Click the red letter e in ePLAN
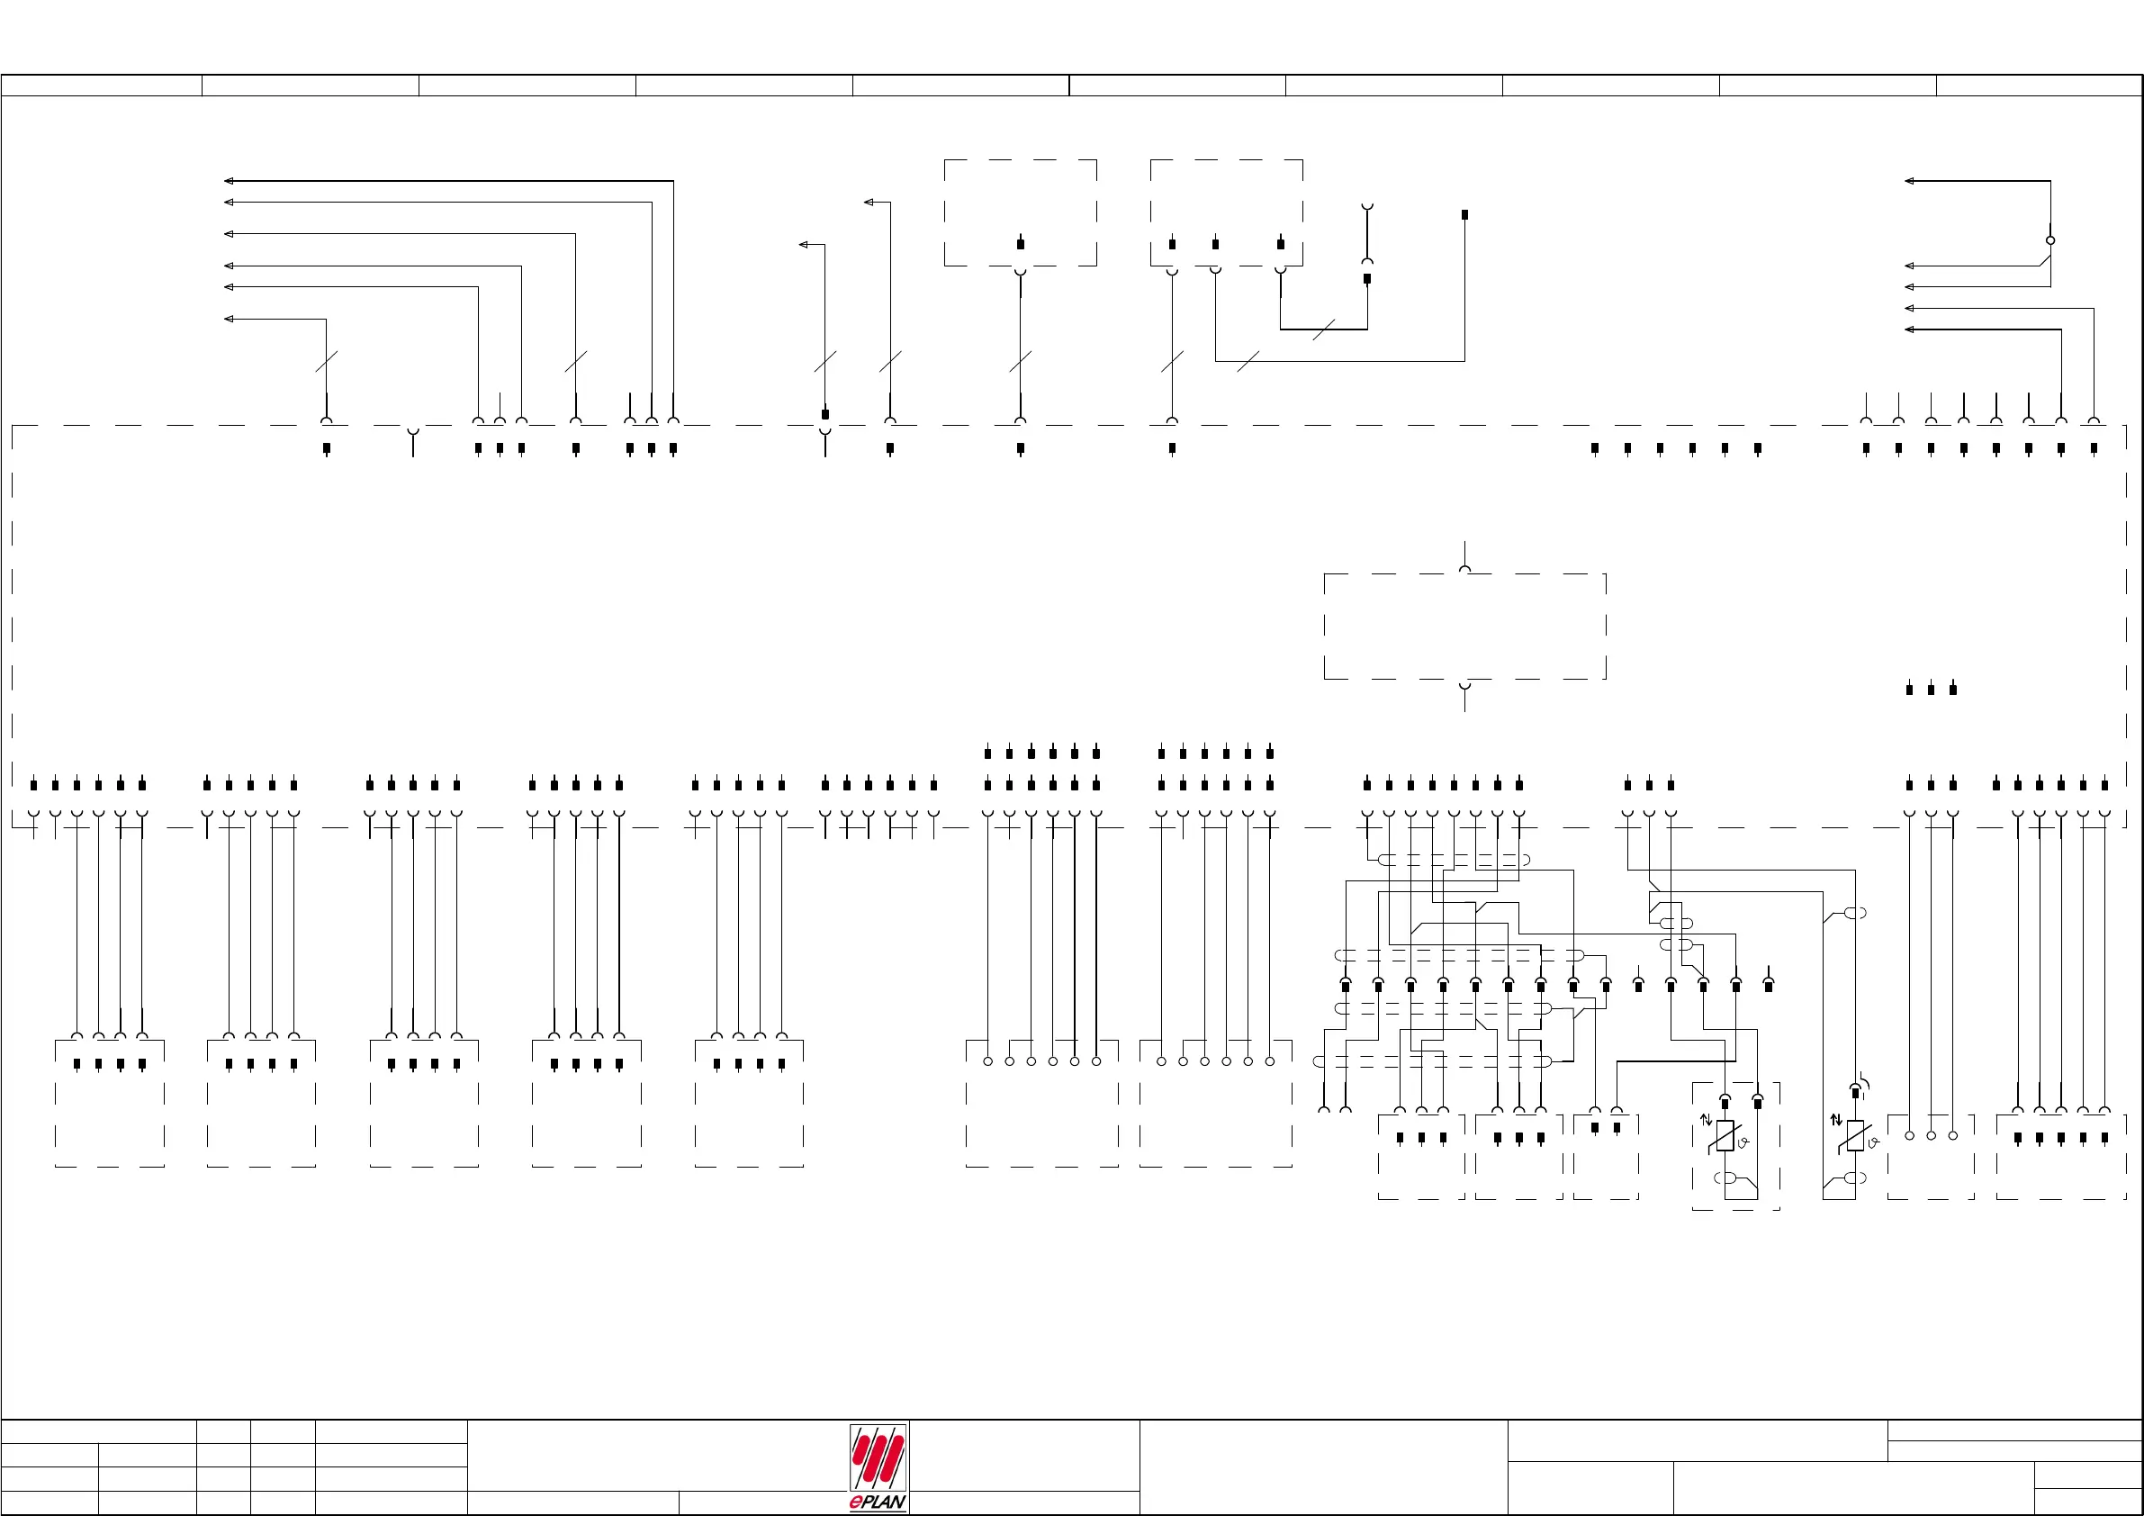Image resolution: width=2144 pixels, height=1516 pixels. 856,1502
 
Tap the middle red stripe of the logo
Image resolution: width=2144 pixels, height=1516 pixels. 878,1456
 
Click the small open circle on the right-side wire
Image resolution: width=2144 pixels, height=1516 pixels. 2050,240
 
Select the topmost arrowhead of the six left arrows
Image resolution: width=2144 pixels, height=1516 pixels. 229,180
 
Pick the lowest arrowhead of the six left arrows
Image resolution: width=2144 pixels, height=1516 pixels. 229,319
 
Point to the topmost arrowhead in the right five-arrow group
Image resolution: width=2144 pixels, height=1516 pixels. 1910,180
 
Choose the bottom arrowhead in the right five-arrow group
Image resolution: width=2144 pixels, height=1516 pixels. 1910,329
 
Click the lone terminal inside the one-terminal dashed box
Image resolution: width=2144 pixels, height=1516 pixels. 1021,244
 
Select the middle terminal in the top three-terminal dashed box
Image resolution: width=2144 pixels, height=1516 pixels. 1215,244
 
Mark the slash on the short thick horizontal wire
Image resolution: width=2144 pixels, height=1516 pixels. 1323,329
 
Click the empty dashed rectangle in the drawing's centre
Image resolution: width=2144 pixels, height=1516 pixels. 1464,626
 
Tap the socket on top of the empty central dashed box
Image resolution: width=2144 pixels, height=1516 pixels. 1464,569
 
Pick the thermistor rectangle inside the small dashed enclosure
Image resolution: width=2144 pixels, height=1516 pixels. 1725,1136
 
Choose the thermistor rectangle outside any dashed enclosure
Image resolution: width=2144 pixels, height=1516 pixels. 1855,1136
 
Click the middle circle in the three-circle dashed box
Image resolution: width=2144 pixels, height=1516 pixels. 1931,1136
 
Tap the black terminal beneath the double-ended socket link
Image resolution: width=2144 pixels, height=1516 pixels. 1367,278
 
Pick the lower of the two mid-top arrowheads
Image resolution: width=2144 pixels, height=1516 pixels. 803,245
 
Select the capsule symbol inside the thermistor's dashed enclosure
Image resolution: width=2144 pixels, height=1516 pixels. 1727,1178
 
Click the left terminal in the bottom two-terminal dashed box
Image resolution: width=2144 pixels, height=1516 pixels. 1595,1128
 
